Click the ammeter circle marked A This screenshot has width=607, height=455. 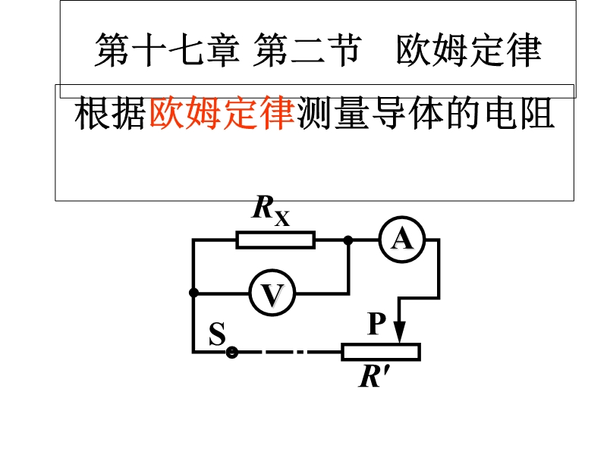coord(401,240)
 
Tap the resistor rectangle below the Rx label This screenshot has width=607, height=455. coord(275,240)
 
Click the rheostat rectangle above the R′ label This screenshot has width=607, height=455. coord(380,352)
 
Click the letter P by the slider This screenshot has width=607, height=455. coord(377,324)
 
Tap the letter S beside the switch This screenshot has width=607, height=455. coord(217,334)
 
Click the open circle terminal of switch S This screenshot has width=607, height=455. coord(232,352)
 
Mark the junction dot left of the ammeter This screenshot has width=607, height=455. coord(348,240)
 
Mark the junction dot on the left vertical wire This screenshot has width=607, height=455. coord(193,292)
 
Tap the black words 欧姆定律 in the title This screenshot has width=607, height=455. coord(468,51)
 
